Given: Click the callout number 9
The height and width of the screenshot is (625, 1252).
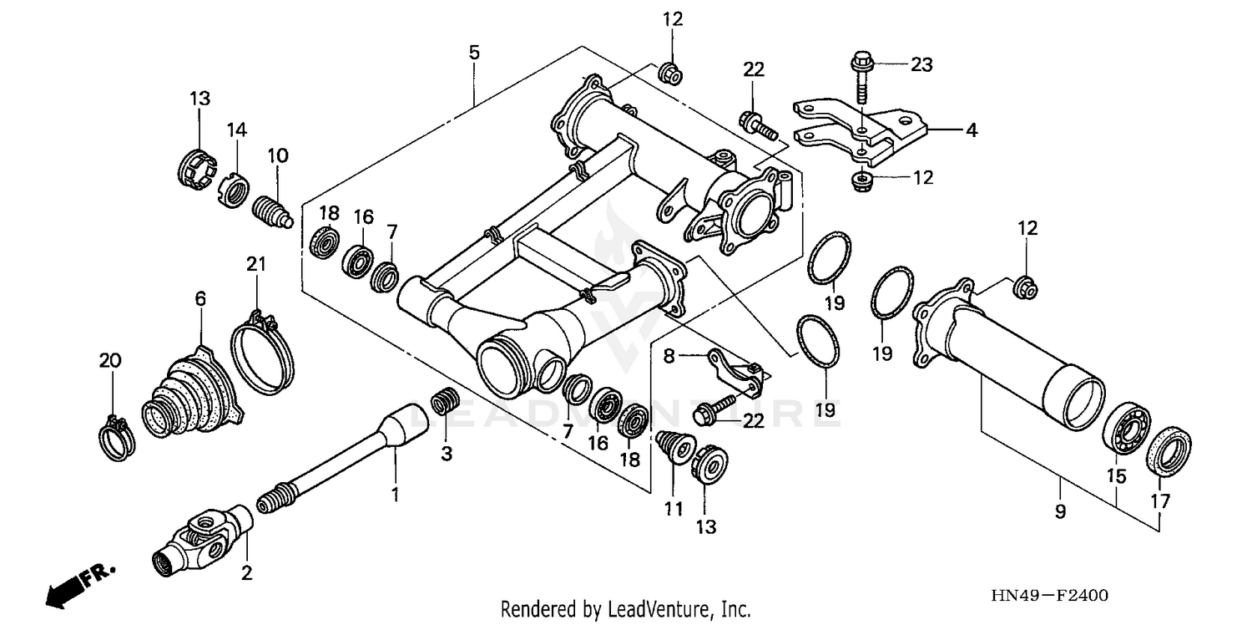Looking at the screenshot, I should click(x=1059, y=511).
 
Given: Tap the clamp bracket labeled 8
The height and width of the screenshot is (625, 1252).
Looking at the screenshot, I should click(x=735, y=372).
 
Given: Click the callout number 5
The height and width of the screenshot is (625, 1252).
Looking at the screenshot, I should click(x=473, y=53).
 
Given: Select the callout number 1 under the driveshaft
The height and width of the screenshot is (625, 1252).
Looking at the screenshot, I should click(x=395, y=495).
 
